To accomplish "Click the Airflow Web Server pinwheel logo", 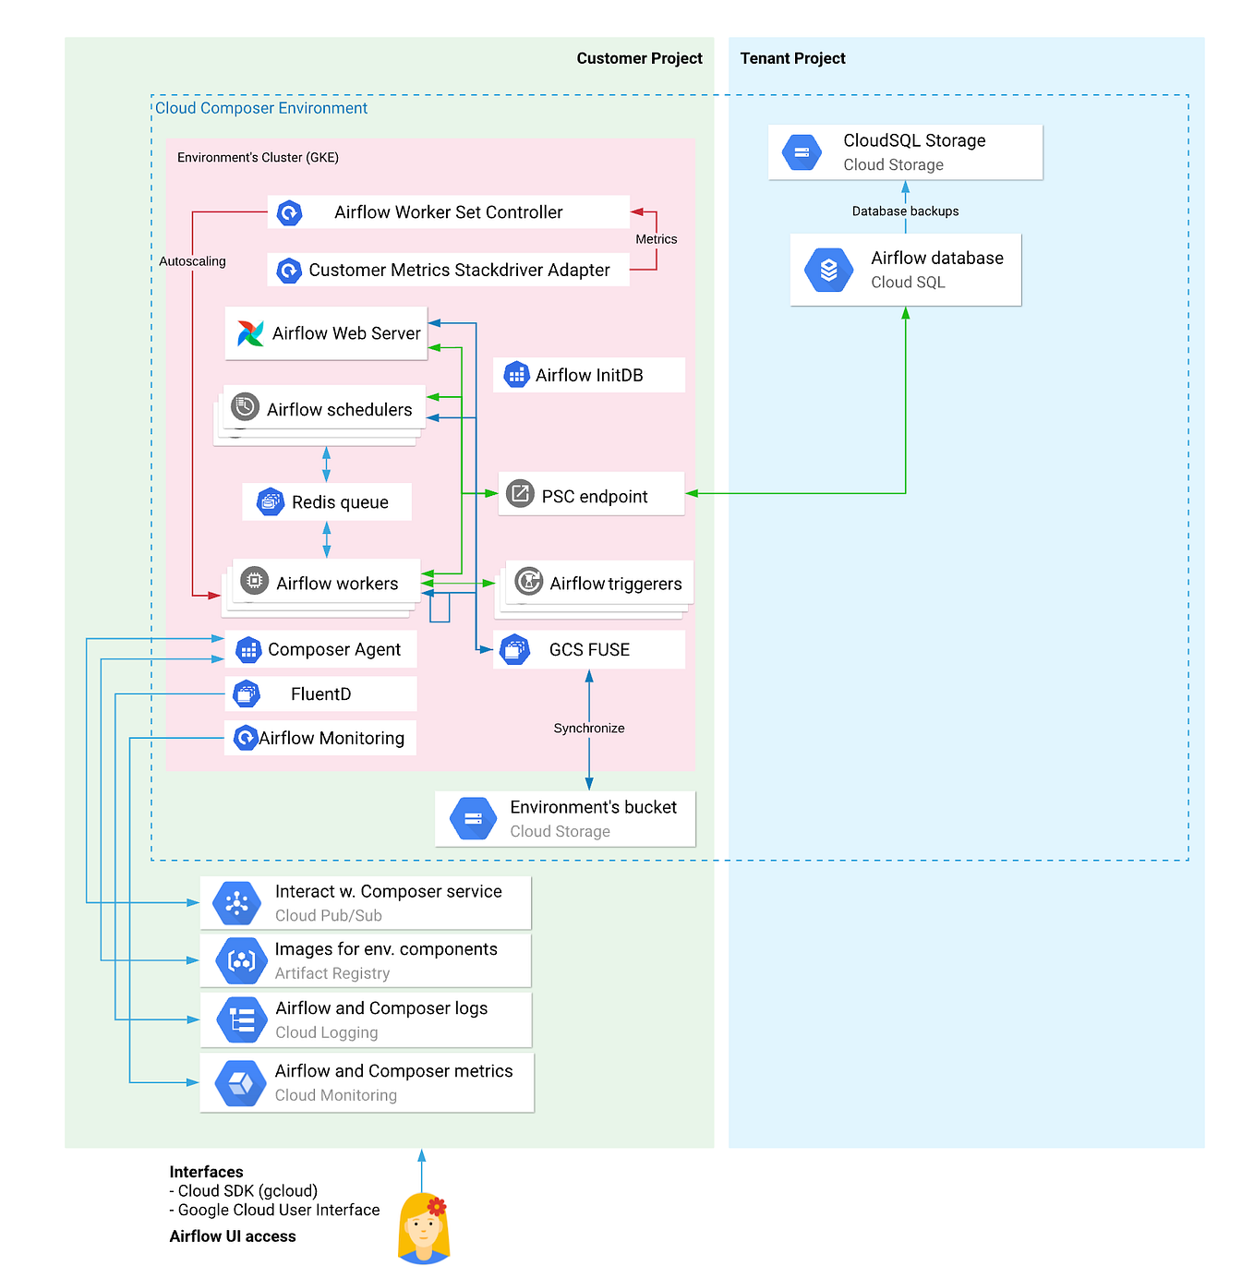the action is [x=249, y=332].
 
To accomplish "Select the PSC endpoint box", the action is [x=590, y=493].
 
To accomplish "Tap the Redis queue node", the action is [x=326, y=501].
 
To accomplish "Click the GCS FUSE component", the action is [x=588, y=648].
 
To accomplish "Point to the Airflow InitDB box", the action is [x=588, y=375].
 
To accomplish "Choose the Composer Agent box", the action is [x=320, y=648].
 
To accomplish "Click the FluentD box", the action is [x=320, y=693].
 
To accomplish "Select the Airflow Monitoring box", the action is [x=320, y=737].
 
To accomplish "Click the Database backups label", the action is [x=904, y=211].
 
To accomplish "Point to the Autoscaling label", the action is [x=192, y=260].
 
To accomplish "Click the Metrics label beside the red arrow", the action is [x=656, y=239].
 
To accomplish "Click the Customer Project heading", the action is [x=638, y=58].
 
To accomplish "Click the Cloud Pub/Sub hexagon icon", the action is [x=236, y=901].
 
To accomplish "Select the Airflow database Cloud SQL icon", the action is [x=827, y=270].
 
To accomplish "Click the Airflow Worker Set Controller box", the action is [x=447, y=211].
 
